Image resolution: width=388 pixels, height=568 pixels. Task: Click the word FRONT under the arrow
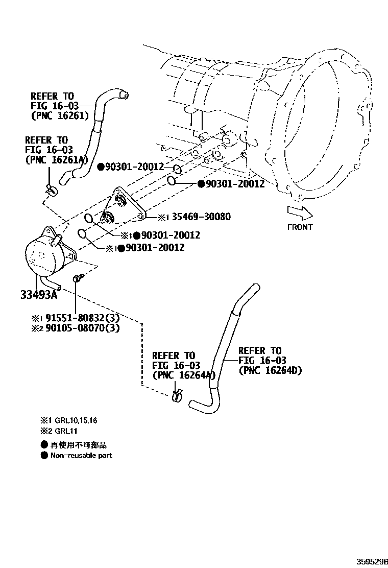click(x=300, y=227)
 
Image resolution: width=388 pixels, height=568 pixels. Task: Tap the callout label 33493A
click(x=39, y=295)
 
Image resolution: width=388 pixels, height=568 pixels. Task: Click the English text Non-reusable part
click(x=81, y=455)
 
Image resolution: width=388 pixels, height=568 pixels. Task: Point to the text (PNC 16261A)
click(x=56, y=160)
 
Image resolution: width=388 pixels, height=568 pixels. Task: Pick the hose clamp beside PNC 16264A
click(x=177, y=394)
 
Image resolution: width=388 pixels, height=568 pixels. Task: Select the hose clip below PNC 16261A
click(x=52, y=190)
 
